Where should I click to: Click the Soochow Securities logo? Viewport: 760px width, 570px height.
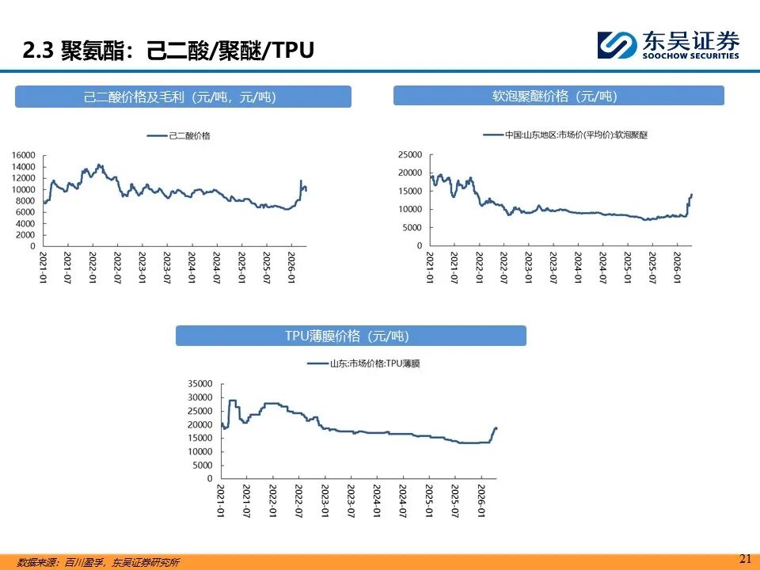(668, 44)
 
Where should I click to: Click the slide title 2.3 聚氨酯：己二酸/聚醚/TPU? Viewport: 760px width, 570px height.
(168, 51)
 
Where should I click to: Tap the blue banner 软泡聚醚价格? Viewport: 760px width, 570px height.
(558, 96)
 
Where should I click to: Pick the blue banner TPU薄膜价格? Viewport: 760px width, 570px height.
(350, 336)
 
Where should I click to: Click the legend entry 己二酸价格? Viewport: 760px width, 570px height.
(182, 136)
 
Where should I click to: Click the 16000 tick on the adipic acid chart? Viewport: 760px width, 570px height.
(24, 155)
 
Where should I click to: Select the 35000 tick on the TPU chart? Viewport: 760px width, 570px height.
(201, 383)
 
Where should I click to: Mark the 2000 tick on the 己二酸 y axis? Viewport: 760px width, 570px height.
(26, 235)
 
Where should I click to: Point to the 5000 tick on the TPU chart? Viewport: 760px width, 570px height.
(203, 465)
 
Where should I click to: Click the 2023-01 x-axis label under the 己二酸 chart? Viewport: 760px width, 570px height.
(142, 269)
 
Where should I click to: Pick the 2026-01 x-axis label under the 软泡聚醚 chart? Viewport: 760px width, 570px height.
(678, 269)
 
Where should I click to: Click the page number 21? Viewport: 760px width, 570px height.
(744, 558)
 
